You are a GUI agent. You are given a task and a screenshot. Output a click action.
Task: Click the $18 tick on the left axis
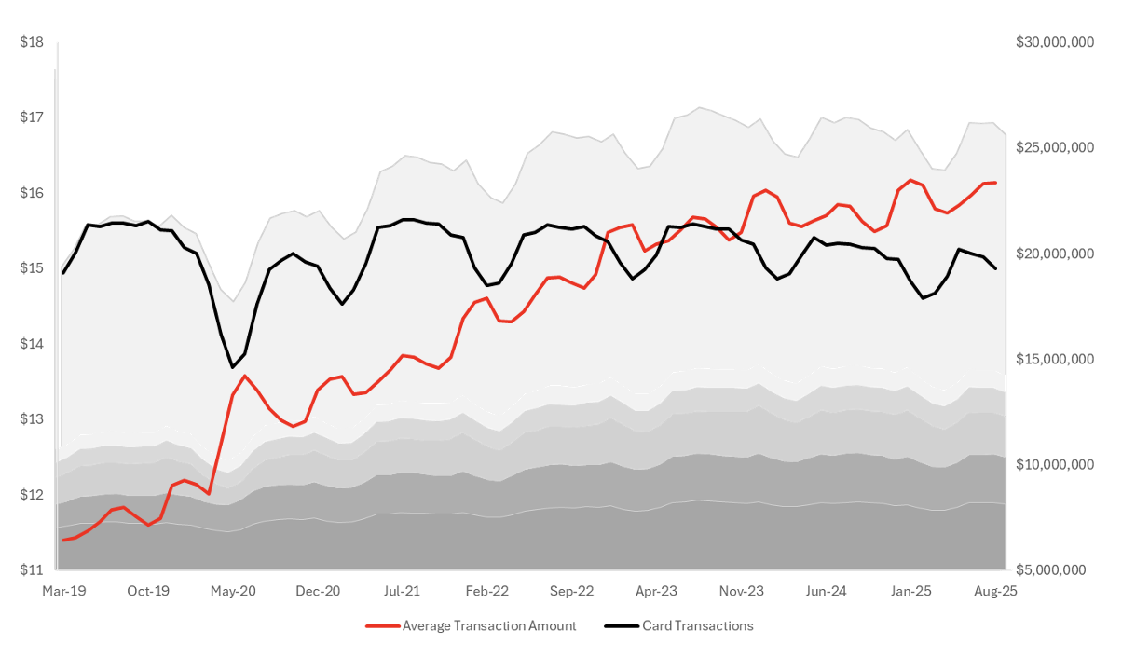[32, 42]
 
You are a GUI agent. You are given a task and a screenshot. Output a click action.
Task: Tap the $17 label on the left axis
[32, 117]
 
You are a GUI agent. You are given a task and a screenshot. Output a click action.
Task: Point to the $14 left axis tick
[32, 344]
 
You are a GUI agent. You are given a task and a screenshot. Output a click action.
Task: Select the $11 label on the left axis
[32, 569]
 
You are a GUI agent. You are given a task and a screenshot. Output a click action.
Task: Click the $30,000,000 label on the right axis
[1054, 42]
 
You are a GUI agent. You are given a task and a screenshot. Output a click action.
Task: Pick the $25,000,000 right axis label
[1054, 147]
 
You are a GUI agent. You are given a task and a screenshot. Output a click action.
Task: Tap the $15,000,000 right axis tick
[1054, 359]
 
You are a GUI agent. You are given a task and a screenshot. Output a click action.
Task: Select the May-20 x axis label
[234, 591]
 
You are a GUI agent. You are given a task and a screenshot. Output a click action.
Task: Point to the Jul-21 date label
[402, 591]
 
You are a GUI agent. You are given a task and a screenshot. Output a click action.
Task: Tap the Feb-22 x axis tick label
[487, 591]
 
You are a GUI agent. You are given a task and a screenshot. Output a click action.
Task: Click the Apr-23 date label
[656, 591]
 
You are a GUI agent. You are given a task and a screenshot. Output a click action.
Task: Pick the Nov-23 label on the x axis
[742, 591]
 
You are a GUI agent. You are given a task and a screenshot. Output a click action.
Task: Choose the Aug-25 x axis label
[995, 591]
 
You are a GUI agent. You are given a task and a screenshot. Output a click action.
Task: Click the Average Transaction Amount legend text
[489, 625]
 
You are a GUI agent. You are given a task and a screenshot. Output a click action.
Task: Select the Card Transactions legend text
[697, 625]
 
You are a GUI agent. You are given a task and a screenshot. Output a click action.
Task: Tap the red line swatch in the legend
[383, 625]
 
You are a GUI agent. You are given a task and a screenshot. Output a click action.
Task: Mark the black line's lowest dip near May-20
[233, 367]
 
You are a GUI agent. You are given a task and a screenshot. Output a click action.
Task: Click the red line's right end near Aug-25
[995, 183]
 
